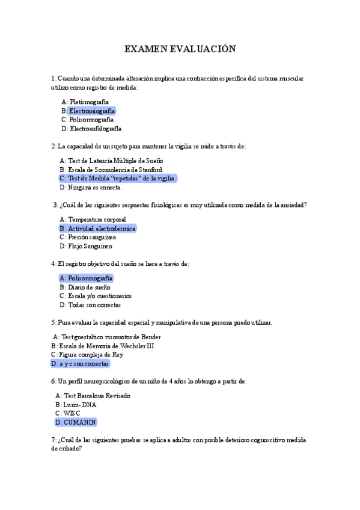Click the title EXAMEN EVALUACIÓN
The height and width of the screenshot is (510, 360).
coord(180,49)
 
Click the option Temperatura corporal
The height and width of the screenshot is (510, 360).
coord(97,220)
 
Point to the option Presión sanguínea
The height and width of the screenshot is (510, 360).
coord(92,237)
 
